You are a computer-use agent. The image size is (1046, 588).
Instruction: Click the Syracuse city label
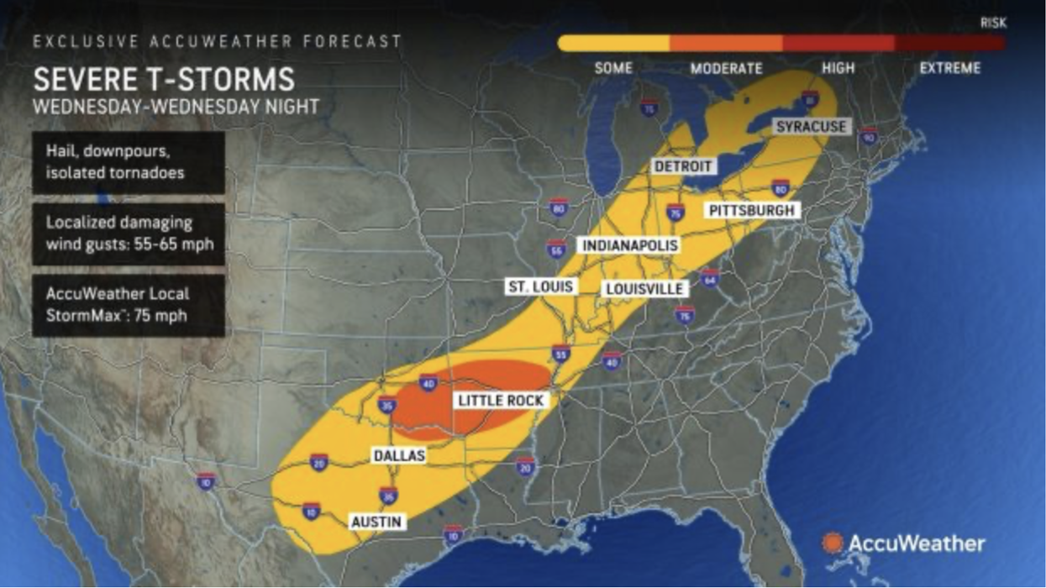(812, 127)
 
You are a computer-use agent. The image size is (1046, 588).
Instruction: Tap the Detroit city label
(683, 166)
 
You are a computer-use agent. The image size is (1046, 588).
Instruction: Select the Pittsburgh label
(752, 210)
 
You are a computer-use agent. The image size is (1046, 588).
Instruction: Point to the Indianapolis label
(629, 246)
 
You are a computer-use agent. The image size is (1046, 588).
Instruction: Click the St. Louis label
(540, 286)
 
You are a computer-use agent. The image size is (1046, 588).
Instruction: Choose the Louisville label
(645, 289)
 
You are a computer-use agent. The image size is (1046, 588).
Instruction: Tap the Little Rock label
(501, 401)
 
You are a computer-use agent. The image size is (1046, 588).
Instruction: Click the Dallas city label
(399, 456)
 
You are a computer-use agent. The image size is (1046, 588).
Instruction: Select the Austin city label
(377, 522)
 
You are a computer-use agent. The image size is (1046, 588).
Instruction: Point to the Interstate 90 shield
(869, 137)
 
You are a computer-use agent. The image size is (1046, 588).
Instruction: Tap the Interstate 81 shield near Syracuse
(809, 99)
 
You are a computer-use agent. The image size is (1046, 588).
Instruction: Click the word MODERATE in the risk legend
(726, 69)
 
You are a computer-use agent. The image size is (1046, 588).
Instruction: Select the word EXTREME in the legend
(949, 69)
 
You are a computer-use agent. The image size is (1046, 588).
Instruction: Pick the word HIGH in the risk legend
(837, 69)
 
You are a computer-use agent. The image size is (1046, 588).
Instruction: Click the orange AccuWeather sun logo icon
(833, 543)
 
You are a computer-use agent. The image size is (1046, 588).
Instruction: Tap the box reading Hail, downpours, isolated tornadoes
(129, 163)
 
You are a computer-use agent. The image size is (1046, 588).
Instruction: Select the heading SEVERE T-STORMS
(164, 80)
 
